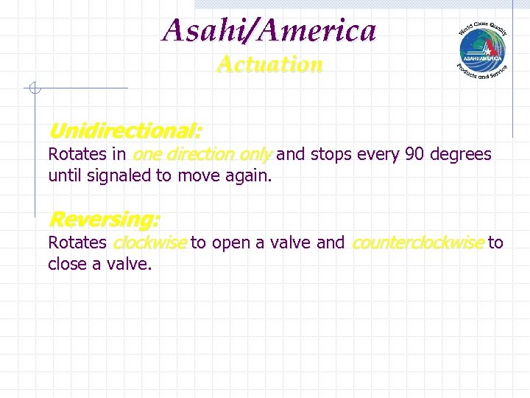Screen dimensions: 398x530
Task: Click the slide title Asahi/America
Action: click(x=269, y=31)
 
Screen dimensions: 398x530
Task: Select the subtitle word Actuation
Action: click(x=269, y=65)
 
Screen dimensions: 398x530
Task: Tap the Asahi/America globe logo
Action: click(x=482, y=49)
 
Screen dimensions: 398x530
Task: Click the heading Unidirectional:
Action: click(x=124, y=132)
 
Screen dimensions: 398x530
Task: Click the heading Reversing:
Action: click(x=104, y=220)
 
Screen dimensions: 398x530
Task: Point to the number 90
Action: click(x=414, y=155)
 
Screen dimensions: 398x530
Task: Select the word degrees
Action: click(x=461, y=155)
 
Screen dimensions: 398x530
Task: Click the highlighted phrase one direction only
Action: click(x=202, y=155)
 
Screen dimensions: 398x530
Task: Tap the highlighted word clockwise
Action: click(x=149, y=242)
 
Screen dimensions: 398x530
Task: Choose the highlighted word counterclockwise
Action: click(x=418, y=242)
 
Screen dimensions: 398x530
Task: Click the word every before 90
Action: click(x=376, y=155)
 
